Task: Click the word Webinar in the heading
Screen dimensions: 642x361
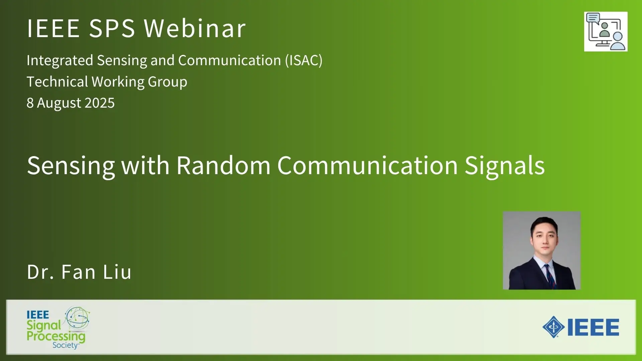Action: point(195,28)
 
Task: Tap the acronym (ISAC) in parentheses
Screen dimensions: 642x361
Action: point(304,61)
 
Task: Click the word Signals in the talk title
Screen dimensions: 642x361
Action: point(505,166)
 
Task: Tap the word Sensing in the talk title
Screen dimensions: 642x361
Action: point(71,166)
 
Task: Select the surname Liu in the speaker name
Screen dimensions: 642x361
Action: point(117,272)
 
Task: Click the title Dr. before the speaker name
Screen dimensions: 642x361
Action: point(40,272)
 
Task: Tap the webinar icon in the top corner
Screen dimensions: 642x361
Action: point(606,32)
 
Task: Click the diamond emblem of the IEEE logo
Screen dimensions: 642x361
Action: point(554,327)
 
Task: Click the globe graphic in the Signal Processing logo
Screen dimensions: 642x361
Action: point(77,318)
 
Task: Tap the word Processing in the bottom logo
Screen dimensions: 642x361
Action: point(56,337)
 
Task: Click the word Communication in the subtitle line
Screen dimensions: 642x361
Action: point(229,61)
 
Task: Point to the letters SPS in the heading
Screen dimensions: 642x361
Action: point(112,28)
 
